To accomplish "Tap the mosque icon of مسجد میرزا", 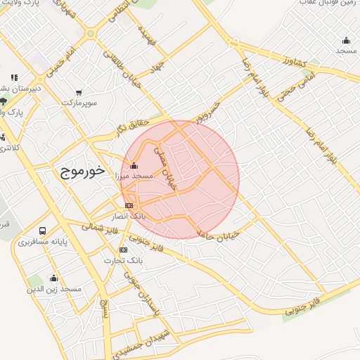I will pos(134,166).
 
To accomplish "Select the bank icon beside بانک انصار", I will pos(128,205).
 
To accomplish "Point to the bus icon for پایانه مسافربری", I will pos(44,231).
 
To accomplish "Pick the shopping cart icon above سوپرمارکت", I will pos(78,93).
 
